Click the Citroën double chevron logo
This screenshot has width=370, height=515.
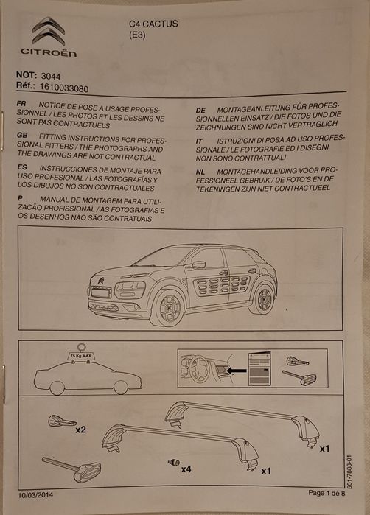48,31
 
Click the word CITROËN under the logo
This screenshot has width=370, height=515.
48,52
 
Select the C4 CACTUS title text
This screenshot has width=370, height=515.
153,24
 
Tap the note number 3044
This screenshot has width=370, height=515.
52,75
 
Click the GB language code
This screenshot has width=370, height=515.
21,138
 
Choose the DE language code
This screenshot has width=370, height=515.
200,110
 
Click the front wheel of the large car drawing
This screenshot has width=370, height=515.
167,306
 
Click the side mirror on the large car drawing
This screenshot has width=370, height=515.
197,264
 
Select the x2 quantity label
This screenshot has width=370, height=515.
81,428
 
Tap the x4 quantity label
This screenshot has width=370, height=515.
187,469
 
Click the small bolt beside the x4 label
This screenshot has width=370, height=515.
173,462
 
